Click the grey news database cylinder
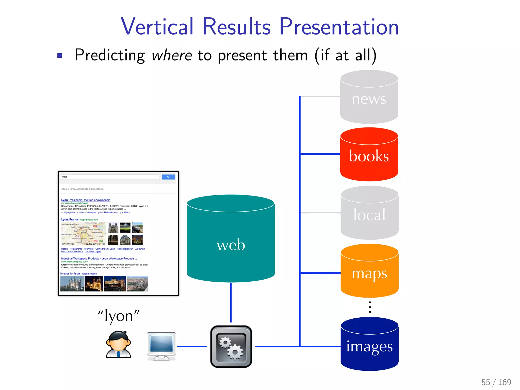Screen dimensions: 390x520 point(369,99)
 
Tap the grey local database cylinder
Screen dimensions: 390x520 point(369,215)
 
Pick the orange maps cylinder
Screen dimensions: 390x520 point(369,273)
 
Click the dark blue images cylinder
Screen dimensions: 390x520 point(369,347)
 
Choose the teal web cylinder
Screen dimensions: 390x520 point(231,244)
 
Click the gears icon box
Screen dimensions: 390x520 point(231,347)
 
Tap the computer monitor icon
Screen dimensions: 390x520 point(161,346)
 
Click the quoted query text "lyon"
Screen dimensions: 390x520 point(119,316)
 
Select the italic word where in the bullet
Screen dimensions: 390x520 point(172,55)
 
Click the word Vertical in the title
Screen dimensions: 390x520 point(157,27)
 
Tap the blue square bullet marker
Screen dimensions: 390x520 point(60,55)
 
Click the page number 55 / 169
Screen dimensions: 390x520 point(496,382)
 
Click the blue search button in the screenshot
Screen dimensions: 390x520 point(168,177)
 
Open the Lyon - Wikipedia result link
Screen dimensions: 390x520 point(86,200)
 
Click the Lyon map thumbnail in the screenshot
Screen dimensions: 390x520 point(83,234)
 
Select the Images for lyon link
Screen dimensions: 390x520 point(70,273)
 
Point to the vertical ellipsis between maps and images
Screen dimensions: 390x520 point(370,307)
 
